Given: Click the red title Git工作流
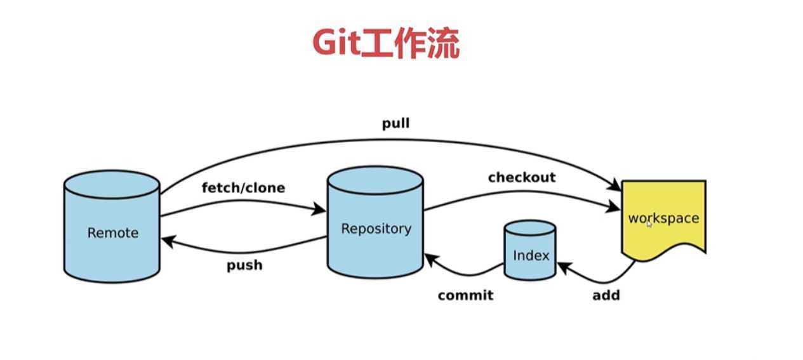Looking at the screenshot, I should (x=385, y=43).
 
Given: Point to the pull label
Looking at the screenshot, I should (x=395, y=123).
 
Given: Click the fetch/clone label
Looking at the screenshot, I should (x=243, y=188).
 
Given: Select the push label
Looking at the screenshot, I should (x=244, y=265).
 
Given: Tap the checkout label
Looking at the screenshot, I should (x=521, y=177).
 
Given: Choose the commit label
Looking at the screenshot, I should (x=465, y=295).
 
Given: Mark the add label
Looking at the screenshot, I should (x=606, y=295).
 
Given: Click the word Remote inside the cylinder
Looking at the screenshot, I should (x=112, y=233).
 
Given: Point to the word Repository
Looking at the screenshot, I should (x=376, y=229).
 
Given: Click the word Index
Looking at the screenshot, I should (x=531, y=255).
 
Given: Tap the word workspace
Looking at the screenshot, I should (x=663, y=218).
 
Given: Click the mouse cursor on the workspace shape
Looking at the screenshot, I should (x=649, y=223).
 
